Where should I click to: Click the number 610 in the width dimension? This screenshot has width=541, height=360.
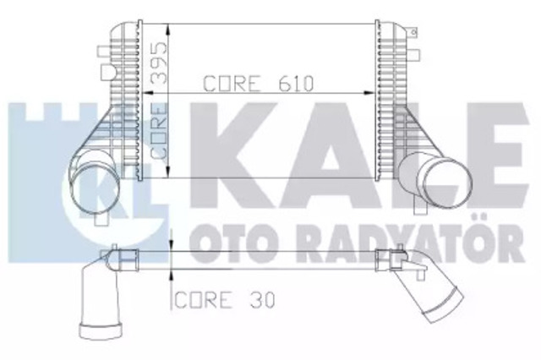coord(295,85)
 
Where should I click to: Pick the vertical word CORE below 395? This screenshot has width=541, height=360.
coord(157,131)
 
